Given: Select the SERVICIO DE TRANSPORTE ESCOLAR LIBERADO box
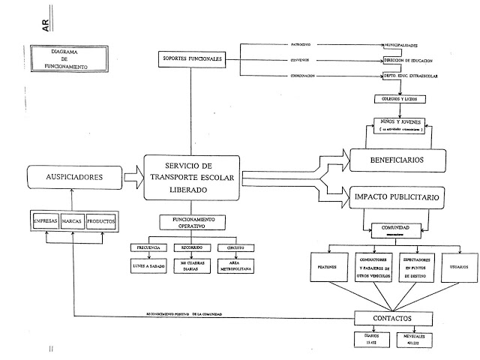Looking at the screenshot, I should tap(192, 178).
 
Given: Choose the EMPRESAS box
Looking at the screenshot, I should tap(49, 223).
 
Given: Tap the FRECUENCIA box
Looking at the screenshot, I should tap(148, 247).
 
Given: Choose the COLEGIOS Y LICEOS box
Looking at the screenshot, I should tap(399, 99).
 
